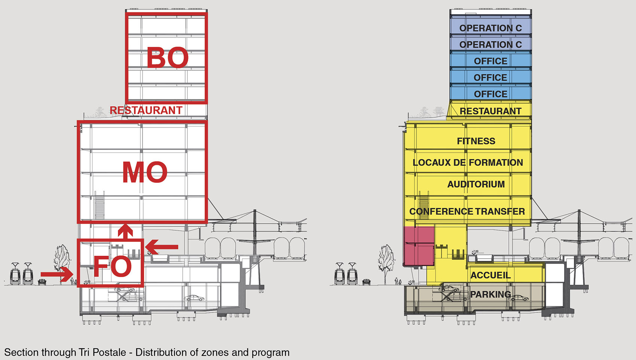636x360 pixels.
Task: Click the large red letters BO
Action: (x=168, y=58)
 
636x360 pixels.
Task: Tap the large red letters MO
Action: (x=145, y=172)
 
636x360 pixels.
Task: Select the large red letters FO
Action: (x=113, y=266)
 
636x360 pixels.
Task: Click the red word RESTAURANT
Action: (x=146, y=110)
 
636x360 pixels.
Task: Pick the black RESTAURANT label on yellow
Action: (x=490, y=111)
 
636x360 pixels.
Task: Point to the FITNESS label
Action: (x=476, y=141)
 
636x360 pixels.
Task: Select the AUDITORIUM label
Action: (x=476, y=184)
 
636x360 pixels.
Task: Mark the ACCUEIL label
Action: (x=490, y=275)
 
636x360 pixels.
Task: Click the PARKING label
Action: (x=490, y=295)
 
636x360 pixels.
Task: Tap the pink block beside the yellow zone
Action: (x=419, y=246)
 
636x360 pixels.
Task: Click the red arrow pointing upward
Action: (x=125, y=231)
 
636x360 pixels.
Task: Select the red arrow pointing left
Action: (x=162, y=247)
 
